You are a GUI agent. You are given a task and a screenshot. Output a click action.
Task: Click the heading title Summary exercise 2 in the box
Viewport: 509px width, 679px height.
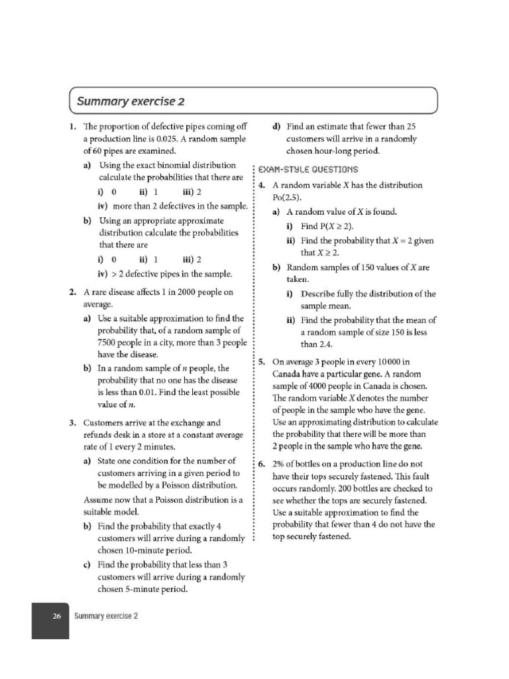[131, 101]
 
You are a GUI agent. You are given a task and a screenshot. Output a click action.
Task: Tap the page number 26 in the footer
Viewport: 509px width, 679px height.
[57, 616]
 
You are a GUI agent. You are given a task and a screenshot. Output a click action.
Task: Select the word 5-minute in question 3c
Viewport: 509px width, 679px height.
[119, 589]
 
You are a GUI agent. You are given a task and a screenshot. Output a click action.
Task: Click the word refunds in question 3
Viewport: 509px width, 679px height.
[99, 434]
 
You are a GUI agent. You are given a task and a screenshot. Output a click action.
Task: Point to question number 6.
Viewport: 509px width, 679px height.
[262, 463]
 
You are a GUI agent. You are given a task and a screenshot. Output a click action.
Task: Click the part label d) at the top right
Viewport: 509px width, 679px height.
[276, 126]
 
